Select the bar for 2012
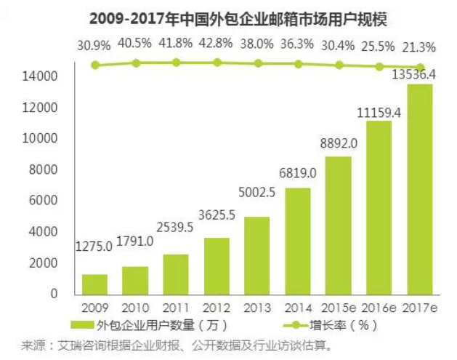[217, 265]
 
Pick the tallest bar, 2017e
[421, 189]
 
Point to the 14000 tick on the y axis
[44, 76]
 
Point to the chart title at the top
[227, 15]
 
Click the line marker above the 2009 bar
[95, 65]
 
